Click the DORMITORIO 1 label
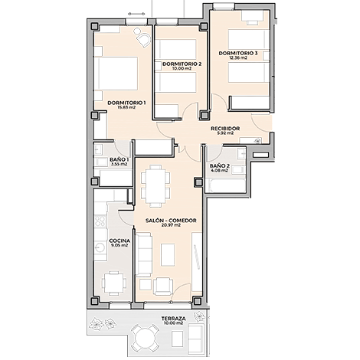pos(126,103)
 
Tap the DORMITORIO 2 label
pos(182,64)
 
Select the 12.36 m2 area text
pos(238,57)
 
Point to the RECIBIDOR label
pos(225,129)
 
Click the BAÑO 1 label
pos(119,159)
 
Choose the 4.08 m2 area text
pos(219,170)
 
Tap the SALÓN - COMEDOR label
pos(171,221)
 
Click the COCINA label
pos(119,241)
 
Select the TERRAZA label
pos(173,319)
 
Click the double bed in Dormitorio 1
pos(116,74)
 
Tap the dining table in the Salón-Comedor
pos(155,185)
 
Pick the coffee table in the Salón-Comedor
pos(168,254)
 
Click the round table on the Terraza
pos(143,339)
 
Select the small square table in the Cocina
pos(114,283)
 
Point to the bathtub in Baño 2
pos(225,185)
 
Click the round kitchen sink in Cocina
pos(100,247)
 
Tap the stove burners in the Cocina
pos(100,221)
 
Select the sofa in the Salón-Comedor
pos(143,255)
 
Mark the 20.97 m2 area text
pos(171,225)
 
